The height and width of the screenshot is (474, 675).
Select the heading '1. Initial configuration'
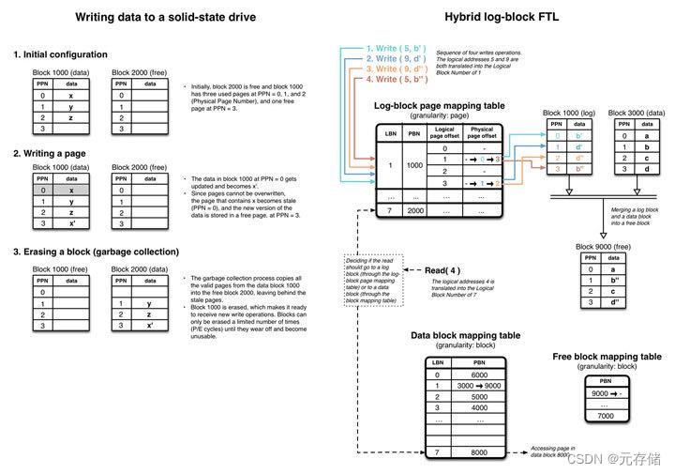[60, 54]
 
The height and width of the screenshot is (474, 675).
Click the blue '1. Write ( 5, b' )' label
[397, 47]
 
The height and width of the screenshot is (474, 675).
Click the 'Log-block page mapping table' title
[440, 106]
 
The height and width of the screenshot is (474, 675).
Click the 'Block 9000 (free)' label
[605, 246]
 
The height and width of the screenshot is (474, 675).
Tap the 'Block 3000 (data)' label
[634, 113]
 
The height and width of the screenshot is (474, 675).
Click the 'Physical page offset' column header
[482, 134]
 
